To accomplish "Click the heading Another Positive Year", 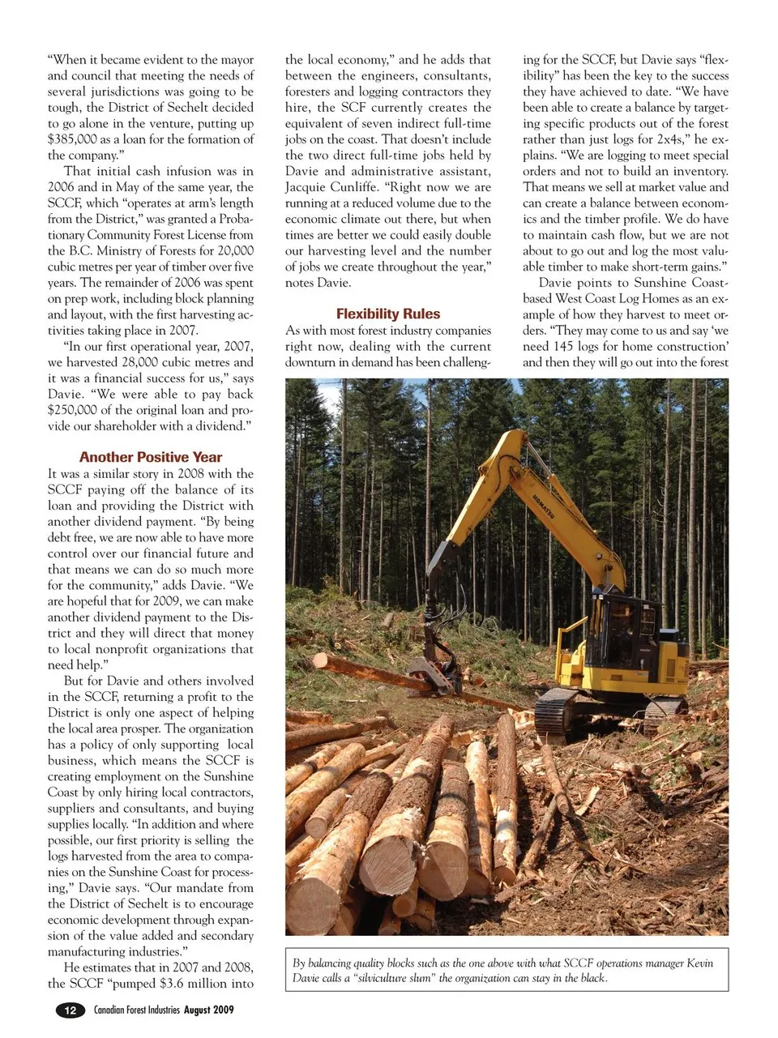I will tap(150, 457).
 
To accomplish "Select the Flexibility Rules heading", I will tap(388, 314).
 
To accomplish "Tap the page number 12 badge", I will tap(71, 1010).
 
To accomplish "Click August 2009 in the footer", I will tap(208, 1010).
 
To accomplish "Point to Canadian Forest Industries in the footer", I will tap(136, 1010).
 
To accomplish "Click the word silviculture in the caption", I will tap(387, 978).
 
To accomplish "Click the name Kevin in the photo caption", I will tap(699, 963).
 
